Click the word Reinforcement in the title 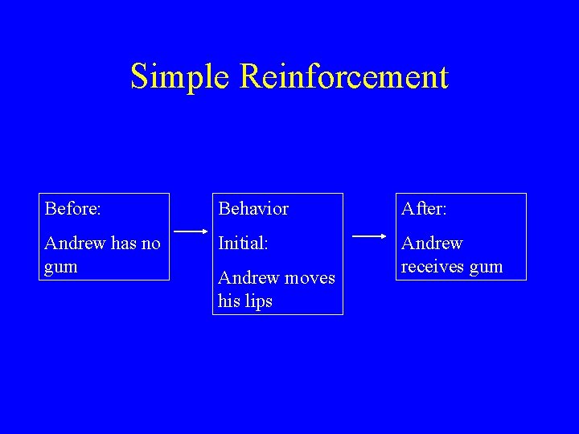pos(343,77)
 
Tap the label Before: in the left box pos(73,209)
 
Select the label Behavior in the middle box pos(253,209)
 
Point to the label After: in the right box pos(424,209)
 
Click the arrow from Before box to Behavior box pos(191,231)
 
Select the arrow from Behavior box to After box pos(369,236)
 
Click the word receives pos(433,267)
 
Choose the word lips pos(258,301)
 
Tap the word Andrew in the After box pos(432,244)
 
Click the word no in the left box pos(150,244)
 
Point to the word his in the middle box pos(228,301)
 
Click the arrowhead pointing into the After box pos(383,236)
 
